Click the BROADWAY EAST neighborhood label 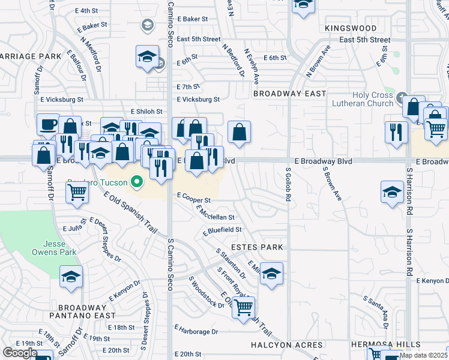coord(289,94)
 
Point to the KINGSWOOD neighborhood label coord(351,28)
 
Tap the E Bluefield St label coord(222,230)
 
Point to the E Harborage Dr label coord(196,330)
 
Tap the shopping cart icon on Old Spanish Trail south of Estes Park coord(243,307)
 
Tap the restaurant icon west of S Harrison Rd coord(395,132)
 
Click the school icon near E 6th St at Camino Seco coord(146,56)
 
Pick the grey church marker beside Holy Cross coord(402,96)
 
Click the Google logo coord(20,353)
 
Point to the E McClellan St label coord(214,212)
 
